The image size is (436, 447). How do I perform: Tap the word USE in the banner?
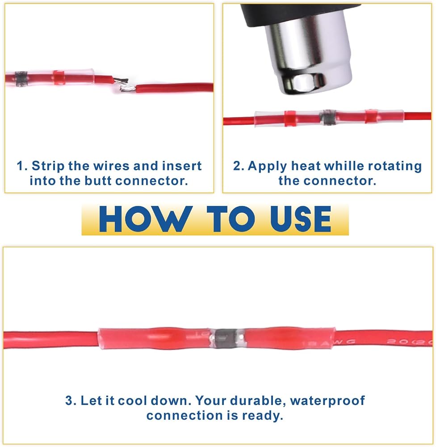tap(301, 219)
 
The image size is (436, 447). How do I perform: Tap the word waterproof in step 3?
tap(327, 401)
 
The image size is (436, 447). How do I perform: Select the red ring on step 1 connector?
tap(59, 77)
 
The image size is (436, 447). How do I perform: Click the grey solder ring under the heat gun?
tap(327, 118)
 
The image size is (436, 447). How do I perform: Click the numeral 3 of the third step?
tap(69, 401)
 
